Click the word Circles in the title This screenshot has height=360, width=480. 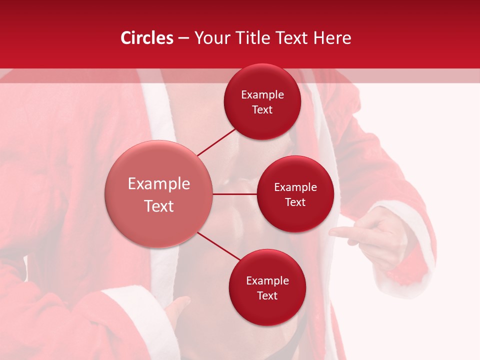point(147,38)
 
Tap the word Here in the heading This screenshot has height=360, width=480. point(333,38)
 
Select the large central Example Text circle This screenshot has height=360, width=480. point(159,194)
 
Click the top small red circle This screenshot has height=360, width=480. point(262,101)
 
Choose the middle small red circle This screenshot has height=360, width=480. point(295,194)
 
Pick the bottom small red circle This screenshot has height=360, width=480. point(267,287)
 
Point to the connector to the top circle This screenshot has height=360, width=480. point(216,142)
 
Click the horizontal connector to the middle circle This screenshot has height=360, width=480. point(235,194)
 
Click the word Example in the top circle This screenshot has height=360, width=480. point(262,94)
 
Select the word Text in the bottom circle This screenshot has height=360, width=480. point(267,295)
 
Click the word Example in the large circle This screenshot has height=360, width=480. point(159,184)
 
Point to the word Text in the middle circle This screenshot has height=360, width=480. point(295,202)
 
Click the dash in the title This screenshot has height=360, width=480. point(183,38)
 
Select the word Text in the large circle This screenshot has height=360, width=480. point(159,206)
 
